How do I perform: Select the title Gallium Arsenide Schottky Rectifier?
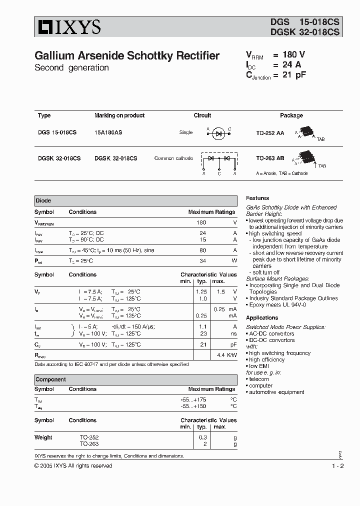tap(126, 56)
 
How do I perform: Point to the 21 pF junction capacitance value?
tap(294, 75)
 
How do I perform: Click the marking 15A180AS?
tap(108, 132)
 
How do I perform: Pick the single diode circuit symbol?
tap(218, 132)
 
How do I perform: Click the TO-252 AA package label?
tap(270, 132)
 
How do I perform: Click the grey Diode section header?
tap(135, 200)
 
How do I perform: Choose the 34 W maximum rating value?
tap(202, 261)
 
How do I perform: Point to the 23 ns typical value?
tap(203, 333)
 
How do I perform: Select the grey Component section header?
tap(135, 379)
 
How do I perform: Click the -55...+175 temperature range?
tap(193, 400)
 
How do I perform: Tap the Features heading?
tap(257, 198)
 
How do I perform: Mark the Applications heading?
tap(262, 318)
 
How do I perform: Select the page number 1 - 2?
tap(337, 466)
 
